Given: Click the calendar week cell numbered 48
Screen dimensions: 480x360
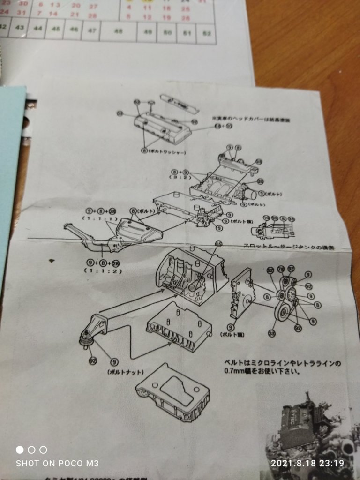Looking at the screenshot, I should click(118, 31).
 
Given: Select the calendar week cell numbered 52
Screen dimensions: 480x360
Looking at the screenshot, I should click(206, 33).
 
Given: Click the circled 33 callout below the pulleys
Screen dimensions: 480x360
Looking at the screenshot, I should click(272, 333).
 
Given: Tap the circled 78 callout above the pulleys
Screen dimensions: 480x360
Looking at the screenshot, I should click(281, 269).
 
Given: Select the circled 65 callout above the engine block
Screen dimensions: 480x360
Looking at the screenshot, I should click(218, 244).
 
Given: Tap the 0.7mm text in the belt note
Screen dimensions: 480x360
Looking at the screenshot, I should click(235, 372).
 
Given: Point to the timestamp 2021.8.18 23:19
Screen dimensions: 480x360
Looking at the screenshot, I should click(307, 463).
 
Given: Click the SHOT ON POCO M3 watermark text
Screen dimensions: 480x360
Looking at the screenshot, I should click(57, 463).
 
